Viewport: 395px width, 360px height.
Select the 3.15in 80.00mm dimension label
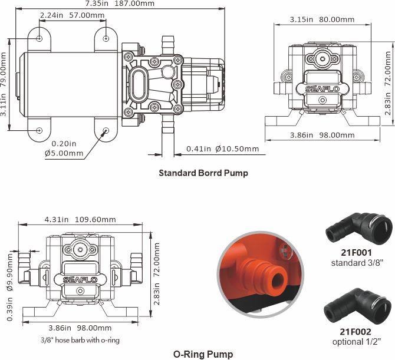coord(322,19)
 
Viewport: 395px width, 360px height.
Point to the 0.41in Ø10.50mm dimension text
coord(222,149)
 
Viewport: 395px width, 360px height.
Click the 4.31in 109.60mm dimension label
coord(80,219)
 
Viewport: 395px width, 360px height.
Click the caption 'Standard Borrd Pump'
coord(203,173)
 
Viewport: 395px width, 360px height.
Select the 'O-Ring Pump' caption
coord(203,354)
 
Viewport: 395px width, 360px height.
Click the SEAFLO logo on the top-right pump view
coord(322,90)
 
